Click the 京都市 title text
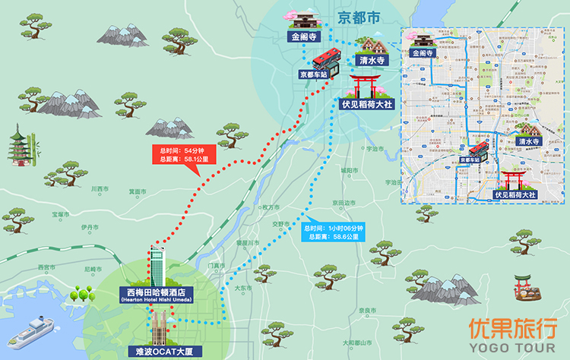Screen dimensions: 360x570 point(358,17)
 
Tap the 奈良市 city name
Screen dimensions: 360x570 point(367,311)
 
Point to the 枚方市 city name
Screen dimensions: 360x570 point(268,207)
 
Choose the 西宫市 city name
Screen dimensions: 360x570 point(46,267)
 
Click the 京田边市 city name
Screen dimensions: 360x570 point(344,203)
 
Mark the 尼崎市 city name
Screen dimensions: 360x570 point(93,269)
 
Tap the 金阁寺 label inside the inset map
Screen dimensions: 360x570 point(421,54)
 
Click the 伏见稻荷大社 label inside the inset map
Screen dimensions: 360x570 point(515,195)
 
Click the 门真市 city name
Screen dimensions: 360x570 point(216,266)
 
